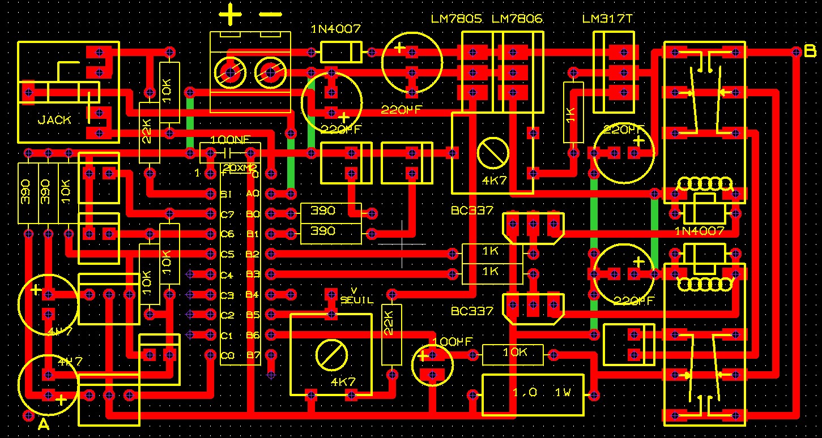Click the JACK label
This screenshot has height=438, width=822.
(x=54, y=120)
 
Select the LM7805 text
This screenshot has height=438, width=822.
(x=457, y=19)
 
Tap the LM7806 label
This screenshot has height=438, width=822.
(x=517, y=19)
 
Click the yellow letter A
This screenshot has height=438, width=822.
(x=44, y=424)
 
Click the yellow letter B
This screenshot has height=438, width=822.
(x=810, y=51)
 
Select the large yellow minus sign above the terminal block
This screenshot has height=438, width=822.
(x=270, y=14)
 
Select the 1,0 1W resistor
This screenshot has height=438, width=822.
(x=533, y=394)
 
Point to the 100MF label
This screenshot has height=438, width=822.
(x=452, y=342)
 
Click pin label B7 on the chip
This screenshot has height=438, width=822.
(x=253, y=355)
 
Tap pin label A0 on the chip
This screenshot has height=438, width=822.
(x=253, y=194)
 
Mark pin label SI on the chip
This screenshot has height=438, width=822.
(x=226, y=194)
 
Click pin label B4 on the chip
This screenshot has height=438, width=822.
(x=253, y=295)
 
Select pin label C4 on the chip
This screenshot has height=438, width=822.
(x=227, y=275)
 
